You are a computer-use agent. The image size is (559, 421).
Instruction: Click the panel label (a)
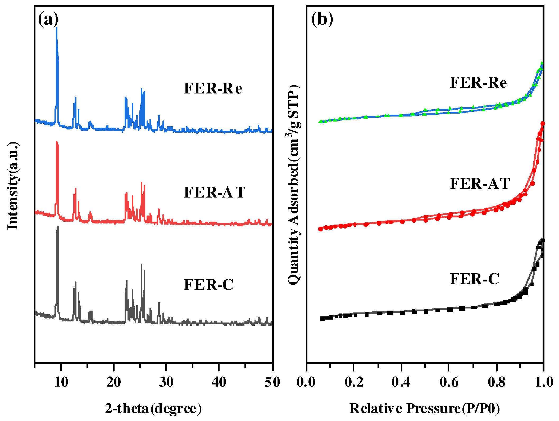[48, 19]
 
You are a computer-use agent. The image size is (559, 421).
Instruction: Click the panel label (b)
[322, 19]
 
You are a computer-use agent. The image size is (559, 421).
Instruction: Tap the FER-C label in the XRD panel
[209, 285]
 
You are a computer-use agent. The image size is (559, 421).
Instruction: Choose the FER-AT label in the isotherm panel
[480, 183]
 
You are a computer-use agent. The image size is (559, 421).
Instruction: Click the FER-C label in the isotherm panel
[475, 279]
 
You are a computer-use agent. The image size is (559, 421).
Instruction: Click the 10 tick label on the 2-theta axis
[61, 382]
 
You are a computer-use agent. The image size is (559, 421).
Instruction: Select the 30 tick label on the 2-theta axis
[166, 382]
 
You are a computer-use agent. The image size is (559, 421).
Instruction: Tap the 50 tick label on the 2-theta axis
[272, 382]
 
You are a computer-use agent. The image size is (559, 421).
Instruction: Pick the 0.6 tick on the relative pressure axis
[449, 382]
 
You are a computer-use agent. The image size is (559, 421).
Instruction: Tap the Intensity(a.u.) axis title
[13, 185]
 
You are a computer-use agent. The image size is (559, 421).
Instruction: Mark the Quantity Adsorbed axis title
[294, 185]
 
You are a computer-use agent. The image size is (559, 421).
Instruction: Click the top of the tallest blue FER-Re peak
[56, 28]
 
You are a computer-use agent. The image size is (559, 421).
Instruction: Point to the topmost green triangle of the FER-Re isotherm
[542, 63]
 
